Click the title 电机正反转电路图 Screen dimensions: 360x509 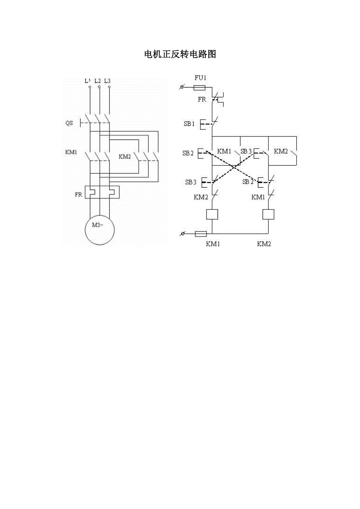(180, 54)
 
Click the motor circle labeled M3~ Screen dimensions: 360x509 (100, 230)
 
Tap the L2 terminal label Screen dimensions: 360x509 (97, 81)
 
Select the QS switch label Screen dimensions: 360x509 (69, 123)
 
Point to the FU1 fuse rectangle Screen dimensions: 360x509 (200, 88)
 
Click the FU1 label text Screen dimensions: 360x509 (200, 78)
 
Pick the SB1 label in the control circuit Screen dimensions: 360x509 (189, 124)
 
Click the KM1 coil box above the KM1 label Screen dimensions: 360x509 (212, 214)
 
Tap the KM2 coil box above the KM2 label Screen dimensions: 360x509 (268, 214)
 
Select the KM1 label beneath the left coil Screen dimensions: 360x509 (213, 244)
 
